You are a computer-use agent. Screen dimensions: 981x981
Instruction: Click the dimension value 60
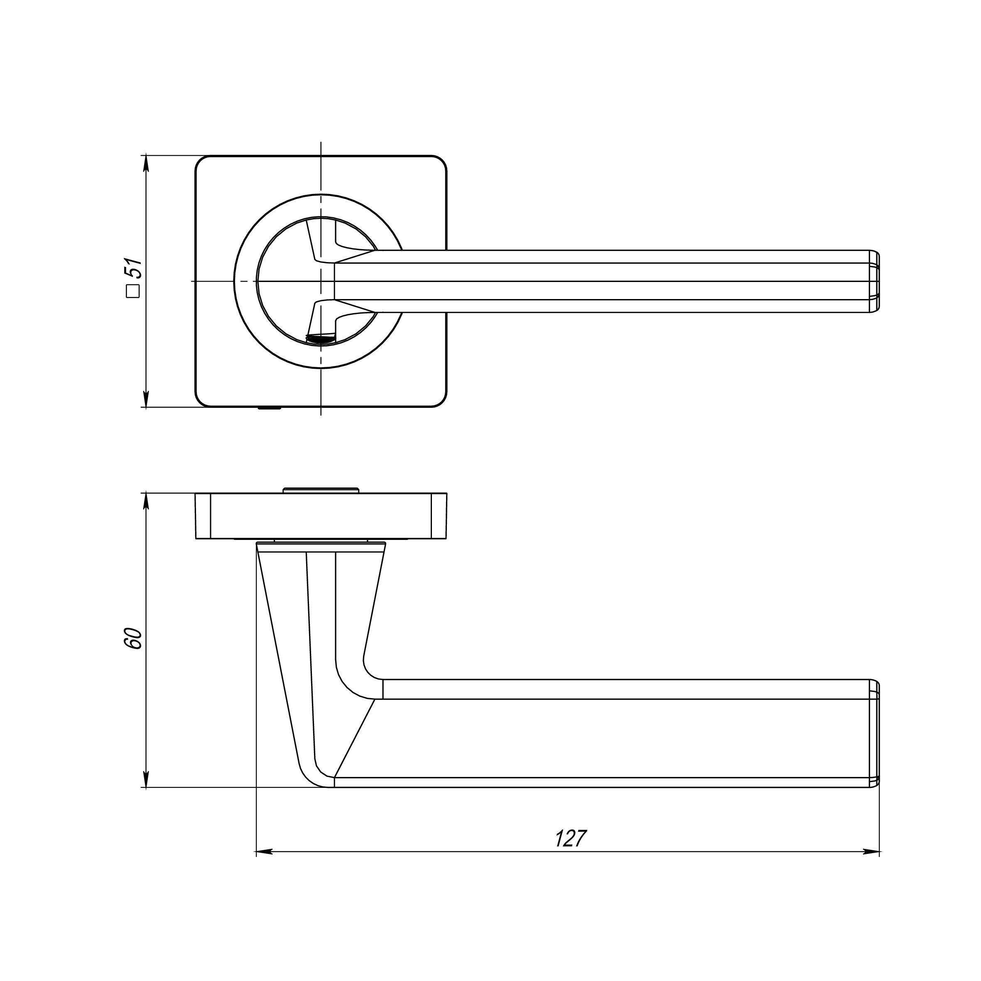(x=133, y=638)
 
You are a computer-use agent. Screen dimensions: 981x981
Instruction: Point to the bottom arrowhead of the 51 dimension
(x=146, y=399)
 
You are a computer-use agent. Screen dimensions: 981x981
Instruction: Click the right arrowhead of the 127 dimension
(x=871, y=851)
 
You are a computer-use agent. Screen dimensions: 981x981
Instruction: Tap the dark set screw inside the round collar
(x=320, y=338)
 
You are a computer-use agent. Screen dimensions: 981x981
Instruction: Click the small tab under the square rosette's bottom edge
(x=270, y=408)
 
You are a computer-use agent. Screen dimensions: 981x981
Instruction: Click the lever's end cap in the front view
(x=874, y=281)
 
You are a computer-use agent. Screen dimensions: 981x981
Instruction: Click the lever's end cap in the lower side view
(x=874, y=734)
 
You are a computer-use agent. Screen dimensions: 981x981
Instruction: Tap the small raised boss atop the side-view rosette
(x=321, y=490)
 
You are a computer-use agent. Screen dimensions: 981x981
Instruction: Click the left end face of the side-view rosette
(x=203, y=516)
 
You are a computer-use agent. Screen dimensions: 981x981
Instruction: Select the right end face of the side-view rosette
(x=439, y=516)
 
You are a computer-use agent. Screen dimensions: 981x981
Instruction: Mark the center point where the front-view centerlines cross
(x=321, y=281)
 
